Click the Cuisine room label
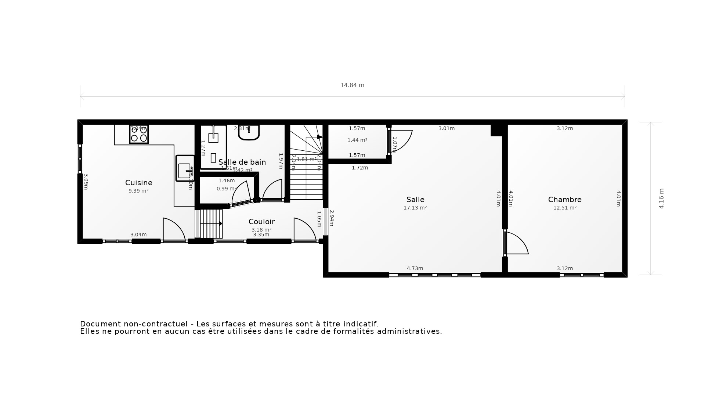click(x=138, y=183)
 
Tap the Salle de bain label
click(x=242, y=162)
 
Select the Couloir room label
click(x=261, y=222)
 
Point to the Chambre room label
click(x=565, y=200)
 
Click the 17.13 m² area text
click(x=415, y=208)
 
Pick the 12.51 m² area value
click(x=565, y=208)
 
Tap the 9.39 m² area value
click(x=138, y=191)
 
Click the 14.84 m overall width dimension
click(x=352, y=85)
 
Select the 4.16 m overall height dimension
click(x=661, y=198)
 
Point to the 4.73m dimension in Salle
click(x=415, y=268)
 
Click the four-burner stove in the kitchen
click(x=139, y=134)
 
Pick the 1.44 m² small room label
click(x=357, y=140)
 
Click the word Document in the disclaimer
click(x=100, y=324)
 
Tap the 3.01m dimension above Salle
click(x=446, y=128)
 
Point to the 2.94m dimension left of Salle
click(x=332, y=218)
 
